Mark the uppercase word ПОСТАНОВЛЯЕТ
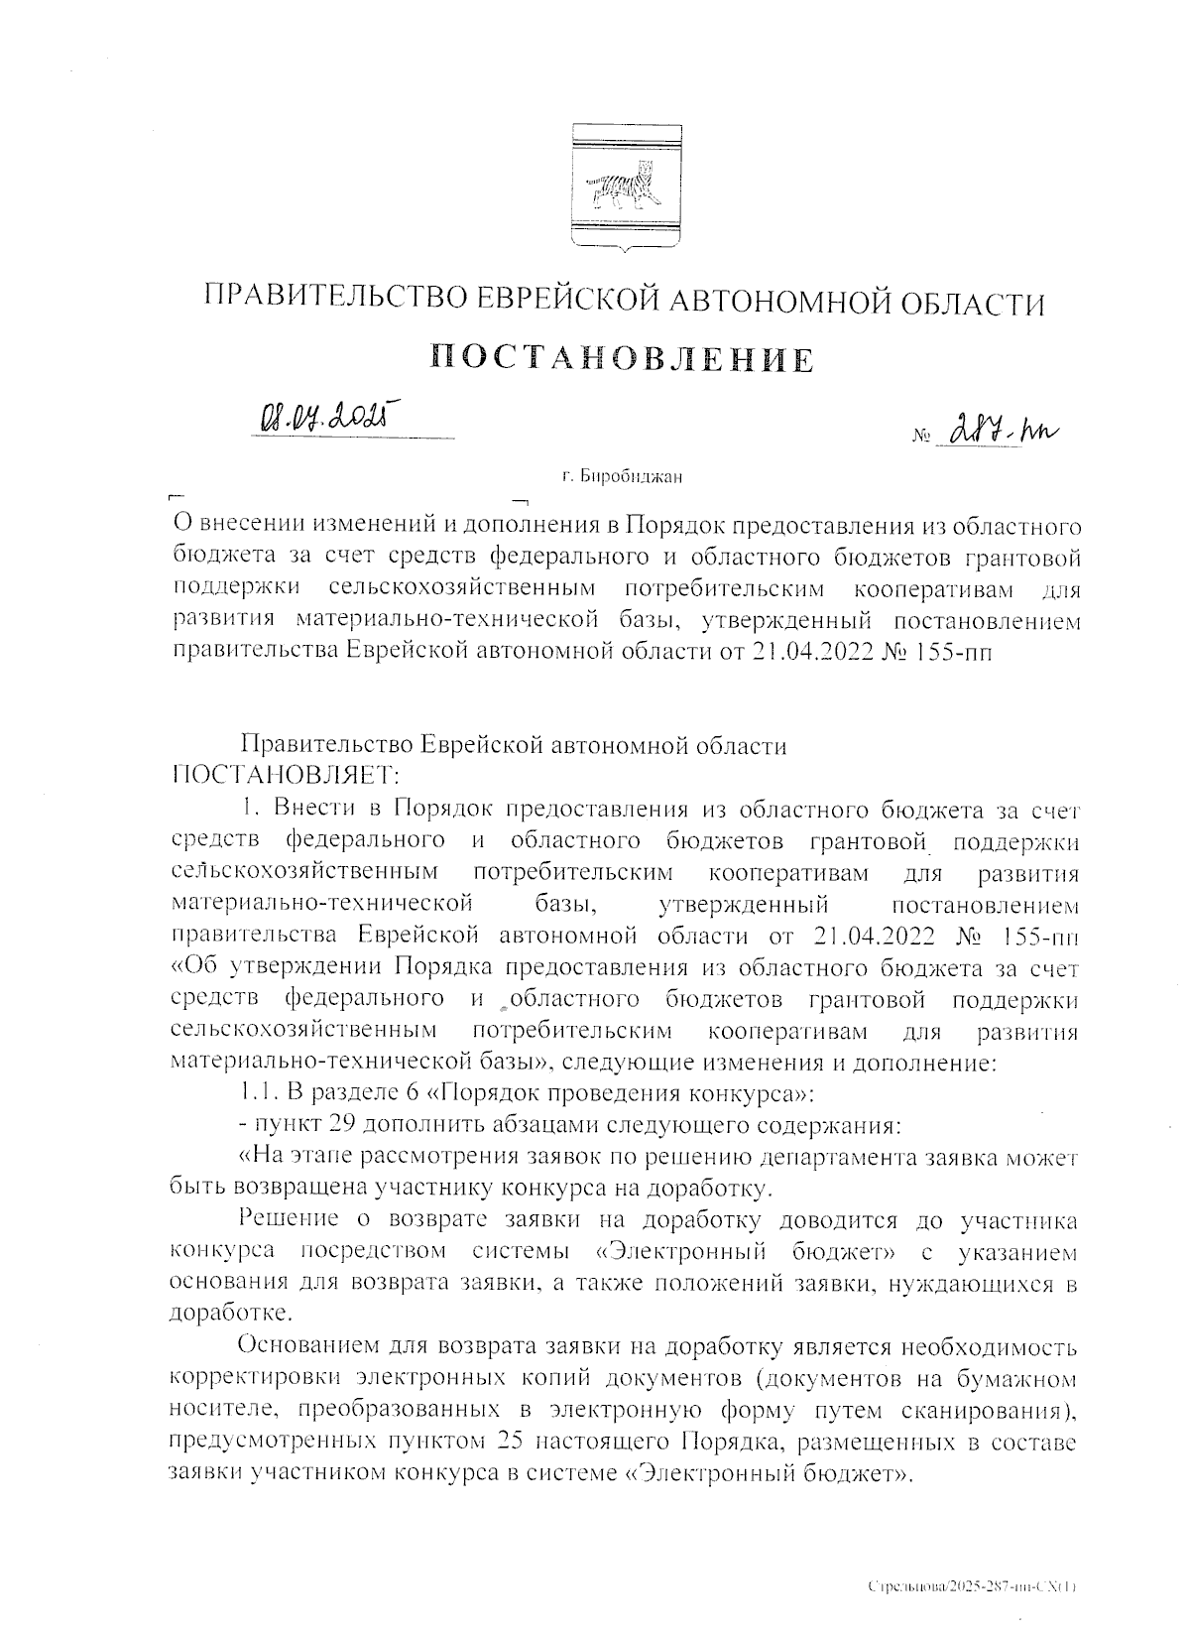[x=286, y=772]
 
